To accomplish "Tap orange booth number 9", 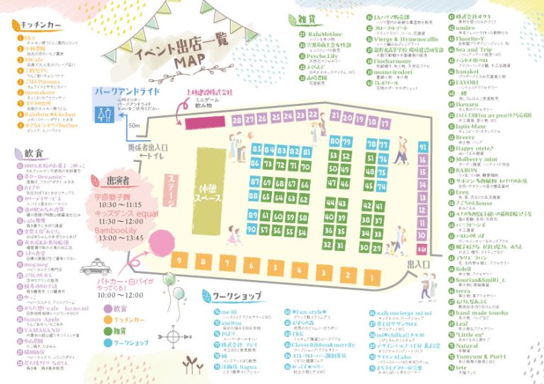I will pos(179,260).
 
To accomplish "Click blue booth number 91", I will pos(424,146).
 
